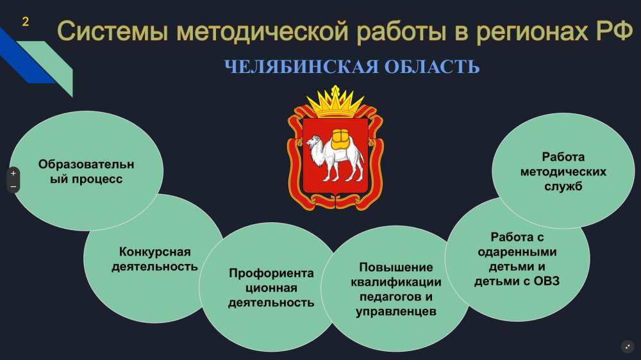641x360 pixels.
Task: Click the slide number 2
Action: (26, 22)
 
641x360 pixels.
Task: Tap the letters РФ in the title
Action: (615, 30)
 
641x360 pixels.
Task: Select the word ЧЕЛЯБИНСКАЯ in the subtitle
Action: (302, 67)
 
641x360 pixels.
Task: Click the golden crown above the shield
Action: (336, 102)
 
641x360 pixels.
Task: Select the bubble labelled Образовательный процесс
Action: (87, 171)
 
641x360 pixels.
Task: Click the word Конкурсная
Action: (155, 252)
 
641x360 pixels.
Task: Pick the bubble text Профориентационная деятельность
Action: (271, 288)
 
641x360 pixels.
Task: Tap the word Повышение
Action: (395, 267)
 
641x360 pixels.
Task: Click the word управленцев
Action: (395, 311)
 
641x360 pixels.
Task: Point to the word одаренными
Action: (517, 252)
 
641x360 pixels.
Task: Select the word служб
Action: (563, 186)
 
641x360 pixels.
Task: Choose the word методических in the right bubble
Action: (563, 172)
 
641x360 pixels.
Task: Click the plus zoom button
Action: (13, 173)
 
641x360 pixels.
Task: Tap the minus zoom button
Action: (13, 187)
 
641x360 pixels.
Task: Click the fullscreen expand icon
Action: (628, 347)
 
